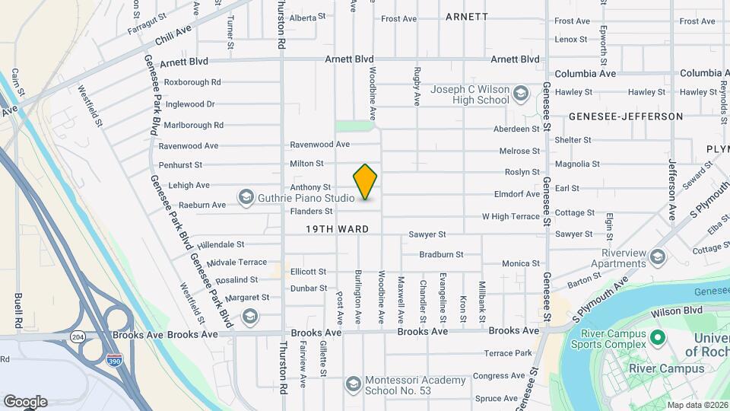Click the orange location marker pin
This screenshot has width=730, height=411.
[366, 182]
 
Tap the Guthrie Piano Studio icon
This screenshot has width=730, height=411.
[246, 198]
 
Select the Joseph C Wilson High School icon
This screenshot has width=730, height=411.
[521, 94]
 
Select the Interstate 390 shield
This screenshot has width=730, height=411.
[115, 358]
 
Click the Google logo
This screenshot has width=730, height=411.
[25, 402]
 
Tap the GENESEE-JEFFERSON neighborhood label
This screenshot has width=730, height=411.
[626, 116]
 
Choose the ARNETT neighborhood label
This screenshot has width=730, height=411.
[467, 16]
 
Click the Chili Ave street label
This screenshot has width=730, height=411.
[172, 35]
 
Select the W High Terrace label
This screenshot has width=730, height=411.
[511, 217]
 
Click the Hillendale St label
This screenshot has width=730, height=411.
[220, 245]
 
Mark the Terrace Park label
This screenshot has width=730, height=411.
[508, 353]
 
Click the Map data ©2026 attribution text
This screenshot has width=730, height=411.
[697, 405]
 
